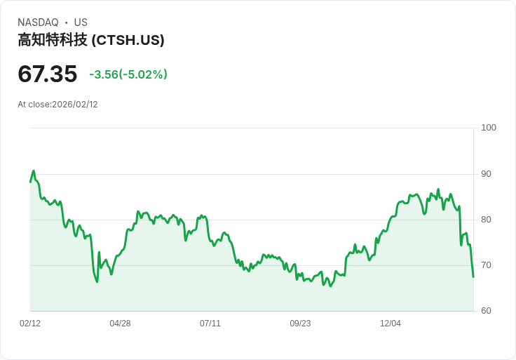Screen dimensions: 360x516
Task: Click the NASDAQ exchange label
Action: click(x=38, y=22)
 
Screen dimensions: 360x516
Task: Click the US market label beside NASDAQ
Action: click(x=81, y=22)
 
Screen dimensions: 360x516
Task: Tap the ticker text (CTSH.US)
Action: click(x=128, y=41)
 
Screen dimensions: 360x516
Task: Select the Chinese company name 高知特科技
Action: click(x=53, y=41)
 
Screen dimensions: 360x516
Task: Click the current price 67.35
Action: click(x=47, y=74)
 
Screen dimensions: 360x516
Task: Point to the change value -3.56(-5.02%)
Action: click(x=128, y=74)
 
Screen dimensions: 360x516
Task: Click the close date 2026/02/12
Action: click(x=75, y=105)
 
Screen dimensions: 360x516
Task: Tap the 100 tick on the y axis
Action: click(x=489, y=128)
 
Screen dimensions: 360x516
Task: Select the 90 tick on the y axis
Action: click(x=486, y=174)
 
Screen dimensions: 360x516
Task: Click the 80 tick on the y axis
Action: click(x=486, y=220)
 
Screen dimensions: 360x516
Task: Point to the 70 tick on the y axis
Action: click(x=486, y=265)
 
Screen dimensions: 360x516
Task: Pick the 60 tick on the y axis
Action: click(x=486, y=311)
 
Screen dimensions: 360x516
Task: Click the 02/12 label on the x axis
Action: click(x=30, y=324)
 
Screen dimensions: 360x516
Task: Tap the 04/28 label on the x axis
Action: click(x=120, y=324)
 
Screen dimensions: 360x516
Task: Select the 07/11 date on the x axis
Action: click(x=210, y=324)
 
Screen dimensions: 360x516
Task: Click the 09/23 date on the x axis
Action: click(x=300, y=324)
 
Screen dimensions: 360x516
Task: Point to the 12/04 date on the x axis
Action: click(x=391, y=324)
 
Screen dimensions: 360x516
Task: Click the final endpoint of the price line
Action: click(x=473, y=276)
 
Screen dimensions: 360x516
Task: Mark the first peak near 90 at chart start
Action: click(x=33, y=171)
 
